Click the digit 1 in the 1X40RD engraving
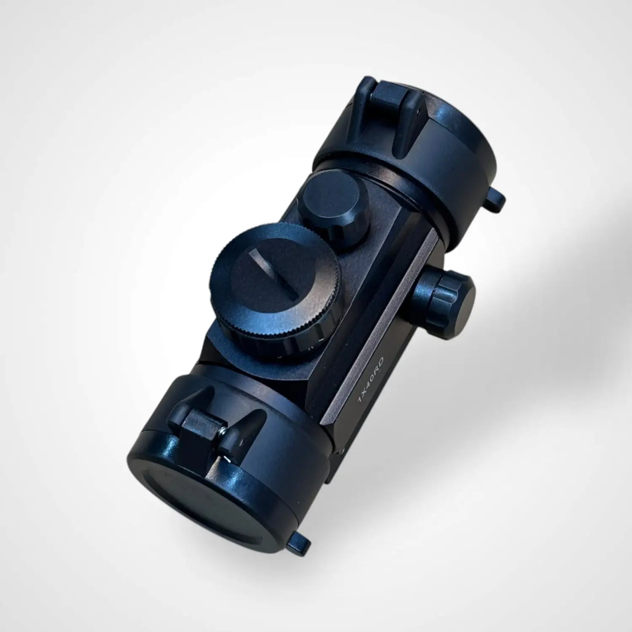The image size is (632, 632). point(360,400)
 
